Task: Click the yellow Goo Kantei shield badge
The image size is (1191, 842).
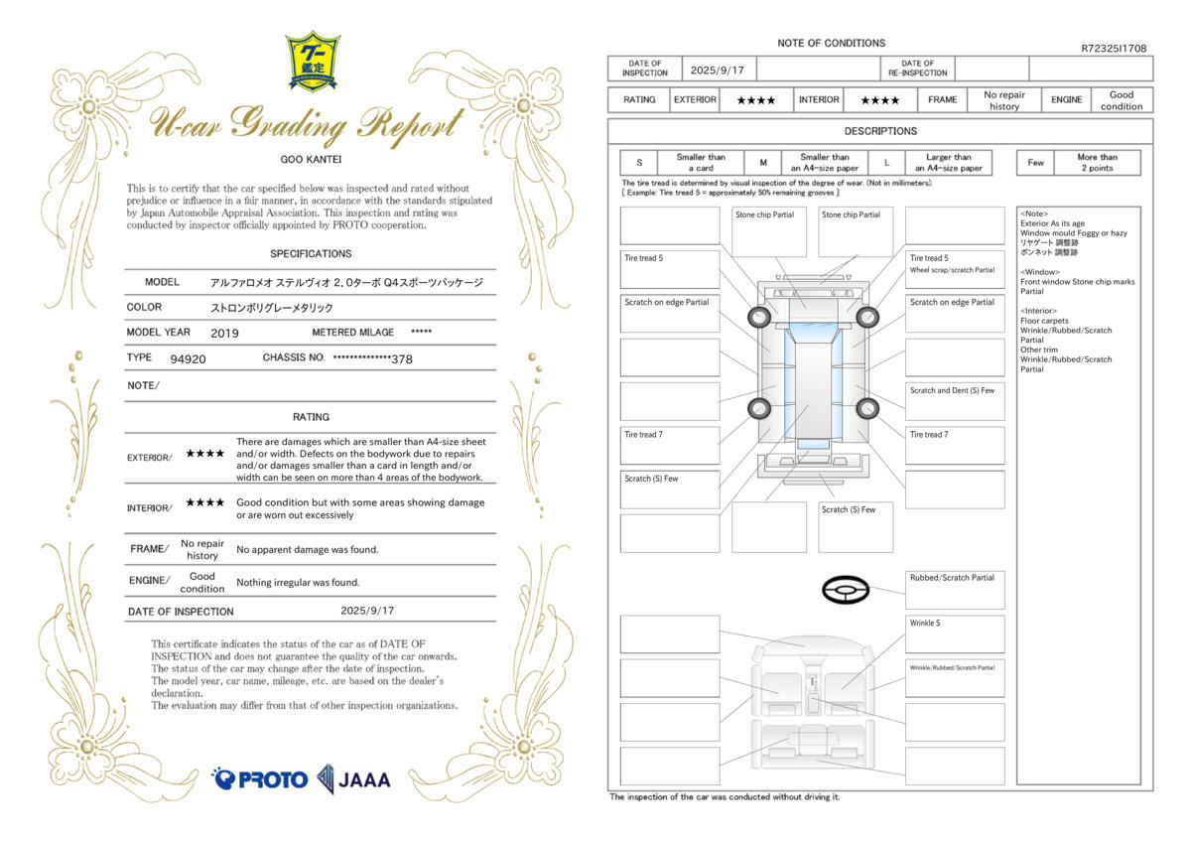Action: click(313, 62)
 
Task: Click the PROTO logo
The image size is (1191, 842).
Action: click(259, 779)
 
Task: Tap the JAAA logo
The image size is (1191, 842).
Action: click(354, 779)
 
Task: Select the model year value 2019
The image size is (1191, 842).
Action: click(224, 334)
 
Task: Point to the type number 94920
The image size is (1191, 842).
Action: click(188, 359)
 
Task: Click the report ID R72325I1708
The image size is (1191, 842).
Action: click(1114, 49)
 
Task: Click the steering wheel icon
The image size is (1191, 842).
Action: click(846, 590)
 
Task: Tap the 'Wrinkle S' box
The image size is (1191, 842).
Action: click(955, 634)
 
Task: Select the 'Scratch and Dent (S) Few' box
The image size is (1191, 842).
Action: click(955, 401)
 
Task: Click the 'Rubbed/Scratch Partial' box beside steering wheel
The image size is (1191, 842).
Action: click(955, 591)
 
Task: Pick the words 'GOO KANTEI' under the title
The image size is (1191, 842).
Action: click(311, 160)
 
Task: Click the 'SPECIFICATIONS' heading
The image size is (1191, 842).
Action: click(311, 254)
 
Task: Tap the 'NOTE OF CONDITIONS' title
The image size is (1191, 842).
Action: click(831, 43)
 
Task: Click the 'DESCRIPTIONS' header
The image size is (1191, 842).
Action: click(880, 131)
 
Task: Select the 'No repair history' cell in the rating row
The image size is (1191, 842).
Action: click(1003, 100)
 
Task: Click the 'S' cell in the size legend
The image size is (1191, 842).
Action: click(639, 163)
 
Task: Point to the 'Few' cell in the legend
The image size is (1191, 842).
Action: click(1035, 163)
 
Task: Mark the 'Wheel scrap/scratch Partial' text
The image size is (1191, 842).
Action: click(952, 270)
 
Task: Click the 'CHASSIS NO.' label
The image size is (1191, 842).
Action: click(294, 357)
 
